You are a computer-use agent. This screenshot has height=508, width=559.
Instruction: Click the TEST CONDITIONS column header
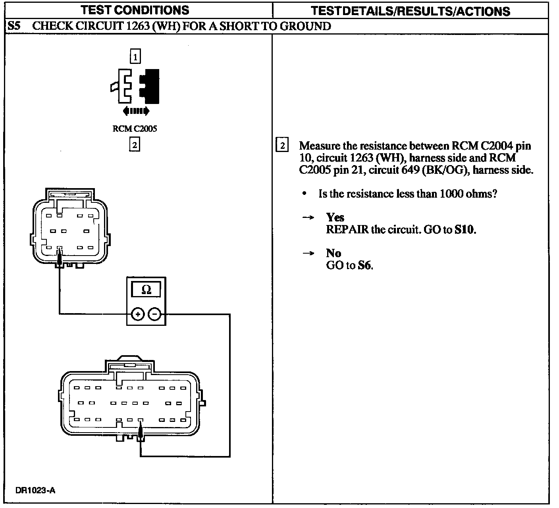coord(135,10)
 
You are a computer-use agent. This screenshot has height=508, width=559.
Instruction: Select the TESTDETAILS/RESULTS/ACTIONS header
coord(410,11)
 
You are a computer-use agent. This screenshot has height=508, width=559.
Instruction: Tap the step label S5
coord(14,26)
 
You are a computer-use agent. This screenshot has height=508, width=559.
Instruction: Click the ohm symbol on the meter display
coord(146,290)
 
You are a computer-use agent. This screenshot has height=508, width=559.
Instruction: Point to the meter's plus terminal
coord(137,315)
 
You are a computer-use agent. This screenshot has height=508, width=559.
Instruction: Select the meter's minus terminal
coord(154,315)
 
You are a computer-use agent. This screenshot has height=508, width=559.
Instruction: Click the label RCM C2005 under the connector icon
coord(135,129)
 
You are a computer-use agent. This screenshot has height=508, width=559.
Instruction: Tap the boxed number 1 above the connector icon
coord(135,57)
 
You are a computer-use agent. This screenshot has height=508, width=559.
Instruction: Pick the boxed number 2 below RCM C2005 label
coord(135,145)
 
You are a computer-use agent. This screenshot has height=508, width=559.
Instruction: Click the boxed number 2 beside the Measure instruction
coord(282,146)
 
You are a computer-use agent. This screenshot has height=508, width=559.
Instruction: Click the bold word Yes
coord(335,217)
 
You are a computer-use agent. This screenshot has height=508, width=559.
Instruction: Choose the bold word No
coord(333,253)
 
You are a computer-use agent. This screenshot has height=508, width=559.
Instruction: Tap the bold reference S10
coord(464,229)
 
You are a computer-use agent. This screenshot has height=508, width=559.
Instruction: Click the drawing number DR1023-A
coord(36,491)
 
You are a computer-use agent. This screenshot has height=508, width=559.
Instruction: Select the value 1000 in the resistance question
coord(451,194)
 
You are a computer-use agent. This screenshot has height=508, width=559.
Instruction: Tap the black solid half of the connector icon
coord(151,87)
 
